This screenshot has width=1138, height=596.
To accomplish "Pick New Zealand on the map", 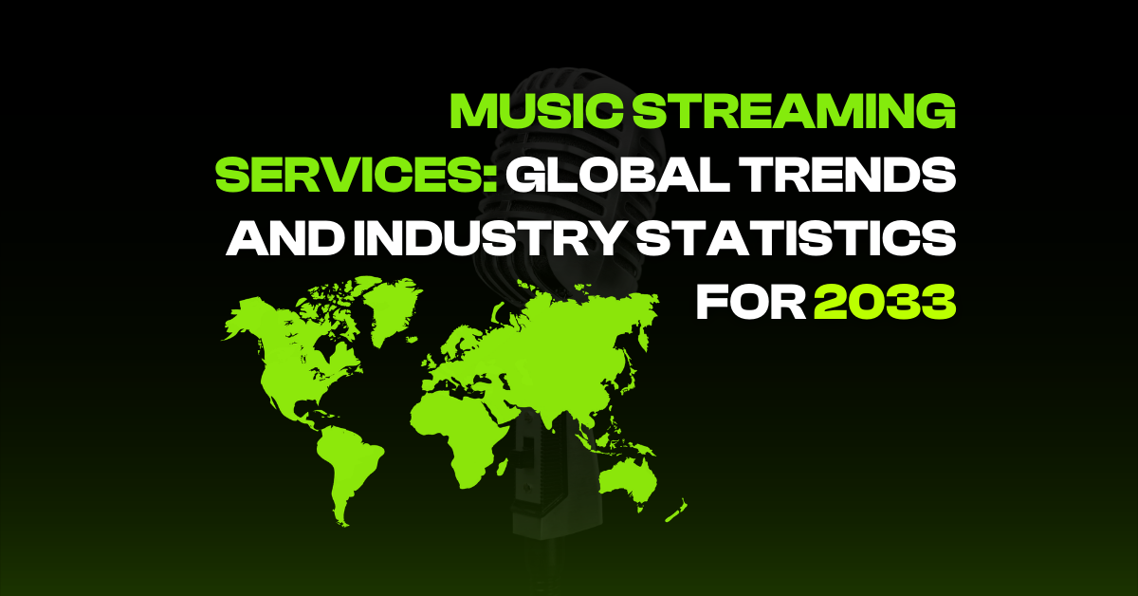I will coord(676,512).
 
